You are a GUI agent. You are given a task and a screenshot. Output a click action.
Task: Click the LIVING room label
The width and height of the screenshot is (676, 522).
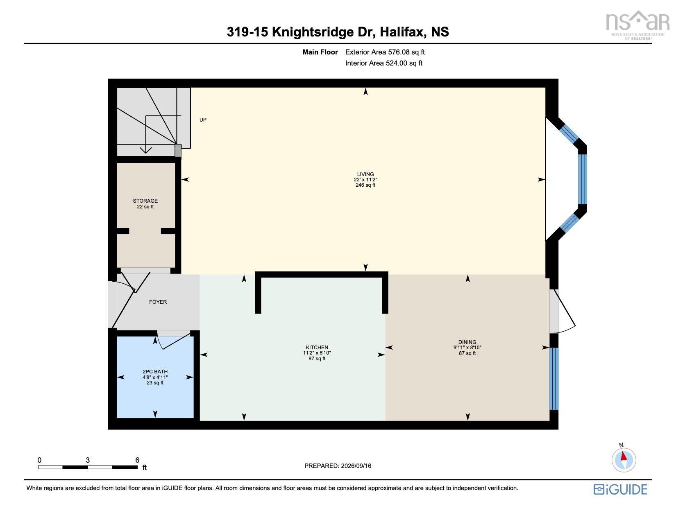pyautogui.click(x=365, y=174)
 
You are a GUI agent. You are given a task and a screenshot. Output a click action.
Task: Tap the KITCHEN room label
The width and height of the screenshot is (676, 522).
pyautogui.click(x=317, y=347)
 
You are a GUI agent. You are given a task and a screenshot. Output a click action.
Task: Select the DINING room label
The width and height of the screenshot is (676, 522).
pyautogui.click(x=467, y=342)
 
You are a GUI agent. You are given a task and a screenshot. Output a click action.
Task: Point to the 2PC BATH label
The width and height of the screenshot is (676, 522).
pyautogui.click(x=155, y=371)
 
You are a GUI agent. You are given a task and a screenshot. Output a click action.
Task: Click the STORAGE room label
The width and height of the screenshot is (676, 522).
pyautogui.click(x=145, y=201)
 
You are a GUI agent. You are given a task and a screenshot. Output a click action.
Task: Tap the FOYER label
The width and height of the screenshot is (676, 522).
pyautogui.click(x=158, y=302)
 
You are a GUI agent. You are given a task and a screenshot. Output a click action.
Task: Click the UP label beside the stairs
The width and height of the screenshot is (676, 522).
pyautogui.click(x=203, y=120)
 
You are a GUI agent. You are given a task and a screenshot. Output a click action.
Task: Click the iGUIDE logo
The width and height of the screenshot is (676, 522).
pyautogui.click(x=620, y=489)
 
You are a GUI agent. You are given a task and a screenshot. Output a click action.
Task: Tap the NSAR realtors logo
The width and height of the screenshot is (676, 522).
pyautogui.click(x=637, y=25)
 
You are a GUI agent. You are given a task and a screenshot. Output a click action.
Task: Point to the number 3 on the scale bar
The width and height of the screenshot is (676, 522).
pyautogui.click(x=88, y=460)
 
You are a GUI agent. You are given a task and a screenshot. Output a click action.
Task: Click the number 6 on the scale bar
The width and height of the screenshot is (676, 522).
pyautogui.click(x=137, y=460)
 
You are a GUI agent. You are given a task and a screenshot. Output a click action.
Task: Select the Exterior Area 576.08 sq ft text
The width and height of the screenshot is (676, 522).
pyautogui.click(x=385, y=52)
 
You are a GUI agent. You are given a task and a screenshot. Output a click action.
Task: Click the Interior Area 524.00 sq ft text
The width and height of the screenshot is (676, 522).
pyautogui.click(x=384, y=63)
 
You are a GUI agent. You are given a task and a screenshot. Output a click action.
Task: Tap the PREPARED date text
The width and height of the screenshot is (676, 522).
pyautogui.click(x=338, y=466)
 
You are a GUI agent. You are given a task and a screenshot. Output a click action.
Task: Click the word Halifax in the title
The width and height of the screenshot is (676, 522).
pyautogui.click(x=403, y=32)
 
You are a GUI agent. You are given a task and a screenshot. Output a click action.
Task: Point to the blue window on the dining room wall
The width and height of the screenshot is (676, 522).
pyautogui.click(x=554, y=379)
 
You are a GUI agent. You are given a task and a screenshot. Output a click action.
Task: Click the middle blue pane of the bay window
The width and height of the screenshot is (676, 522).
pyautogui.click(x=582, y=179)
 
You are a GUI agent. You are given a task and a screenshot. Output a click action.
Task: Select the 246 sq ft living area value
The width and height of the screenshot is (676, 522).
pyautogui.click(x=365, y=185)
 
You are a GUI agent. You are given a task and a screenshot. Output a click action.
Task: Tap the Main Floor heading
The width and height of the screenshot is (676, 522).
pyautogui.click(x=320, y=52)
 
